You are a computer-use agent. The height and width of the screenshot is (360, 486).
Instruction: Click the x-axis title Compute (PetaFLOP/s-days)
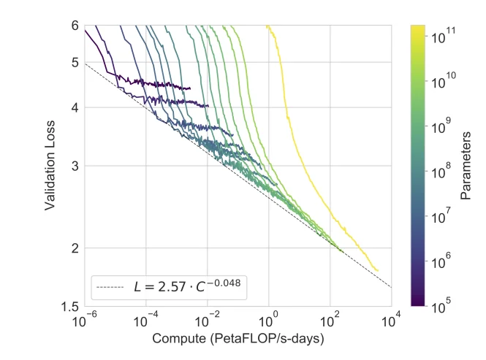(x=238, y=340)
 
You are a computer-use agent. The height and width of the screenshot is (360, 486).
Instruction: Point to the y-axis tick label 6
(x=75, y=25)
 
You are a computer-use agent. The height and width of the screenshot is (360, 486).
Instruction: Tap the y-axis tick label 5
(x=75, y=63)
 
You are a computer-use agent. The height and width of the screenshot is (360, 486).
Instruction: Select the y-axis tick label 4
(x=75, y=108)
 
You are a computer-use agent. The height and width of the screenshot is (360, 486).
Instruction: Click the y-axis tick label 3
(x=75, y=166)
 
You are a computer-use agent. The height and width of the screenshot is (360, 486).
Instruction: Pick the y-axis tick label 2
(x=75, y=249)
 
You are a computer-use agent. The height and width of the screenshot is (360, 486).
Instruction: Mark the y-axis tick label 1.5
(x=71, y=307)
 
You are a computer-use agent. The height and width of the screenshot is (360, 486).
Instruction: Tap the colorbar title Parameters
(x=466, y=165)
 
